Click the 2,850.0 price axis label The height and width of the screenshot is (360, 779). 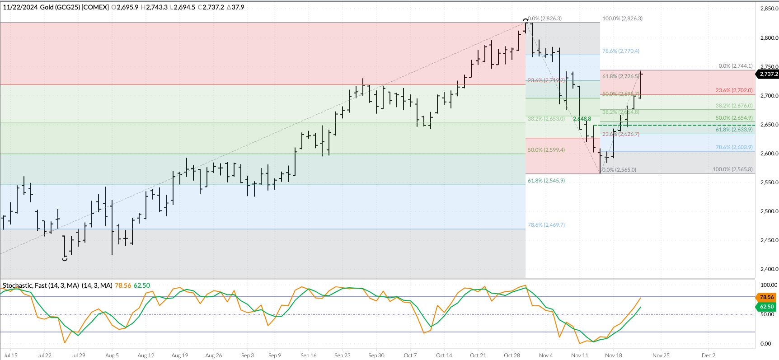(769, 9)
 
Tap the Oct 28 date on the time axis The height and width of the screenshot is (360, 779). (512, 355)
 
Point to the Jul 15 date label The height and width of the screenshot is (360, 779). (10, 355)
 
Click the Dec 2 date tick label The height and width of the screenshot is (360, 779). (708, 355)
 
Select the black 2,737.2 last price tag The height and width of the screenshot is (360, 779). (769, 74)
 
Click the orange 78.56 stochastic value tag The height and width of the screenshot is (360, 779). (767, 297)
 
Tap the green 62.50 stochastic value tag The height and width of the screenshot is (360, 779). (767, 307)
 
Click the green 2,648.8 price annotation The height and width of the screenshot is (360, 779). (582, 119)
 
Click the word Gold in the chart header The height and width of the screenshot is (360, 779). (47, 7)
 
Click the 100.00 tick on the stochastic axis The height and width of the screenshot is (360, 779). (769, 285)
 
